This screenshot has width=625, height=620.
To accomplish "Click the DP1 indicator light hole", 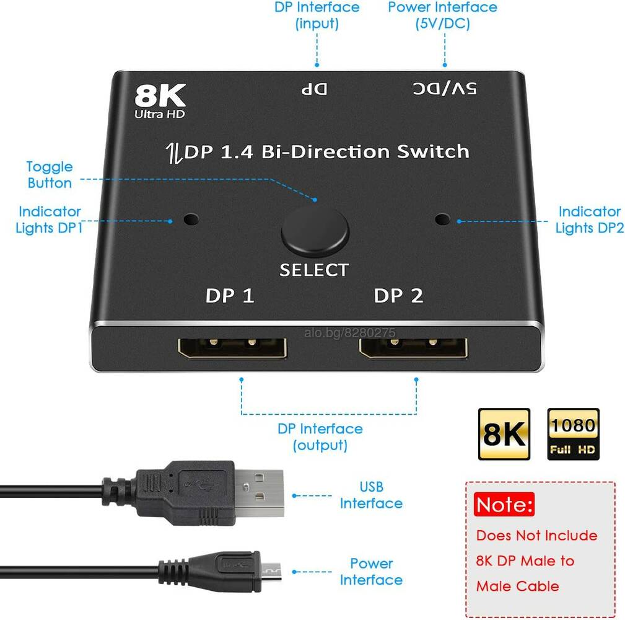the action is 191,219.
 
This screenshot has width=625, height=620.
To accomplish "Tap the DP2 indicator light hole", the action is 442,219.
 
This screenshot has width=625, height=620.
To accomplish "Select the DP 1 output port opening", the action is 232,348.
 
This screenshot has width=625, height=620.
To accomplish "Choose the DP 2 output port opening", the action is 413,348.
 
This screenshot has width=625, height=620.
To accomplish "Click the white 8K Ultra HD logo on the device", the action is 160,101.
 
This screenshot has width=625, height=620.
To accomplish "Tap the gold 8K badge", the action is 504,433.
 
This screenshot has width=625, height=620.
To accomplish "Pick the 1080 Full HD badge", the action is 573,433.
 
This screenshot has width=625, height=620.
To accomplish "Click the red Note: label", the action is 504,505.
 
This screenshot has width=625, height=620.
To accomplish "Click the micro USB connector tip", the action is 271,572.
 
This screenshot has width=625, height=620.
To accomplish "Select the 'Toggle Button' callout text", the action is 50,175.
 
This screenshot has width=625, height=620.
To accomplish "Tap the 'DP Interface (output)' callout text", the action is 320,437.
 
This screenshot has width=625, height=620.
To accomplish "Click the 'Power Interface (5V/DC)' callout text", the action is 442,15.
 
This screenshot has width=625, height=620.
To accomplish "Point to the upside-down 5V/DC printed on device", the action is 445,89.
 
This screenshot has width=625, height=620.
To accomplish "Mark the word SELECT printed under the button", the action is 315,270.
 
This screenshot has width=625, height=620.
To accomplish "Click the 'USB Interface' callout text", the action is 371,495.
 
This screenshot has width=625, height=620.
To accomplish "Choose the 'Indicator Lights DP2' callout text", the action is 590,219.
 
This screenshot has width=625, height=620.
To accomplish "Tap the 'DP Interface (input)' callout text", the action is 317,15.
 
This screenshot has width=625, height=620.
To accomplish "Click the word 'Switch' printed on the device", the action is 433,152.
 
